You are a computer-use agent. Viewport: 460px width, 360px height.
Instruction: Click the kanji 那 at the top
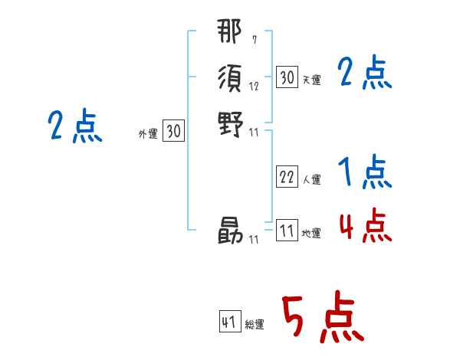[x=230, y=34]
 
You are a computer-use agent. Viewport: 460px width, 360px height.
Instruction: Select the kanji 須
[x=230, y=77]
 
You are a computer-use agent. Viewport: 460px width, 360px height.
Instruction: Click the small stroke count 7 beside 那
[x=255, y=41]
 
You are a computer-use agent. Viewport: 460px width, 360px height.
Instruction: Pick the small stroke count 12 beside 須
[x=254, y=87]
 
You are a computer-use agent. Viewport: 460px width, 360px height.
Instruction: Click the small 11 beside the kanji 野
[x=254, y=133]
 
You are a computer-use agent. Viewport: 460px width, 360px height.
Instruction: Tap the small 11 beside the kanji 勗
[x=254, y=240]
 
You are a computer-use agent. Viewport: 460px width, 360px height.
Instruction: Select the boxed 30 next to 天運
[x=287, y=77]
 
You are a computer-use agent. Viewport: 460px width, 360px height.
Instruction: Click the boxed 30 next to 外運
[x=173, y=132]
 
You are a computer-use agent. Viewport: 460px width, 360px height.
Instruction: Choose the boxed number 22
[x=287, y=177]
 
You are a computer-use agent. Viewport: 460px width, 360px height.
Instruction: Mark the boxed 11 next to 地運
[x=287, y=231]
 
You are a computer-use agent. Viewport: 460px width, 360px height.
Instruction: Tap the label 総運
[x=255, y=326]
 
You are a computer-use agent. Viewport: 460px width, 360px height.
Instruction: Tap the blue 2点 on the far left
[x=74, y=126]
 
